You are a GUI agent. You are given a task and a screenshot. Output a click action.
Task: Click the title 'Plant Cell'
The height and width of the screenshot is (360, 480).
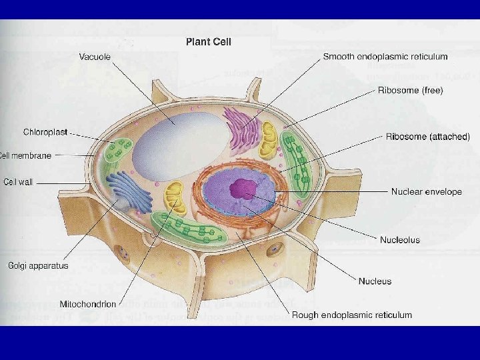(208, 42)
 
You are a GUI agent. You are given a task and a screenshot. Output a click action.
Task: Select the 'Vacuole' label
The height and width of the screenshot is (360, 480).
(95, 57)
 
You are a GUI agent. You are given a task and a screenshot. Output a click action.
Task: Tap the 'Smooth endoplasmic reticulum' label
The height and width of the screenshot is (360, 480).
(385, 57)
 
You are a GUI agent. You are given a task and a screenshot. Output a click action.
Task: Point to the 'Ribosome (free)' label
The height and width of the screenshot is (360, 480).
(410, 90)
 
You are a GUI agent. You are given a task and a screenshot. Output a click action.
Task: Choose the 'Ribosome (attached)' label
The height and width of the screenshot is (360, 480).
(428, 137)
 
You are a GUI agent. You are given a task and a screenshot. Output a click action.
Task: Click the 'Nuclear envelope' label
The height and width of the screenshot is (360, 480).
(426, 191)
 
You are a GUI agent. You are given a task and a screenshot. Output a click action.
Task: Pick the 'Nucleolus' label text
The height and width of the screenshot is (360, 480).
(400, 239)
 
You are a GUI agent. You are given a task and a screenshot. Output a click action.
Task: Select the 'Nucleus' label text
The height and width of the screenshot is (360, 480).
(375, 281)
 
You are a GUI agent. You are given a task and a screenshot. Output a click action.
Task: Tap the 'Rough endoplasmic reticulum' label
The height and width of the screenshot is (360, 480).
(351, 315)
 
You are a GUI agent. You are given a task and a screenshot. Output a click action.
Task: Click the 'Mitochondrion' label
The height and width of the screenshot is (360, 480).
(87, 304)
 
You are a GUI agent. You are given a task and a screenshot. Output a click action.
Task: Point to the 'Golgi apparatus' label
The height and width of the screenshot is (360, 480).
(38, 265)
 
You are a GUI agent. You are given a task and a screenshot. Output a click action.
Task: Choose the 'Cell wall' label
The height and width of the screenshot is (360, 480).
(19, 181)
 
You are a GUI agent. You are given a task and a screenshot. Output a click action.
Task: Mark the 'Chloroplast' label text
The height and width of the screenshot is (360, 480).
(45, 132)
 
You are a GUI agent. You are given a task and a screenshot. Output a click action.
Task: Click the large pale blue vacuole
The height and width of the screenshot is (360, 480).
(177, 143)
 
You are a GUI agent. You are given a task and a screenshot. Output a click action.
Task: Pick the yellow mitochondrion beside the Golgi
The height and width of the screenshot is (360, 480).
(176, 197)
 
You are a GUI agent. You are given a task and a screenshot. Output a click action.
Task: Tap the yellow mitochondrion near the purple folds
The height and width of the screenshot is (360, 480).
(268, 139)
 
